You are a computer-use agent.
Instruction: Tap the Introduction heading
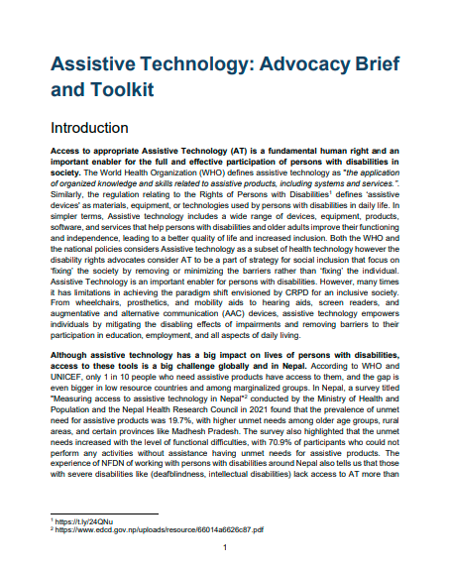[x=93, y=129]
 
